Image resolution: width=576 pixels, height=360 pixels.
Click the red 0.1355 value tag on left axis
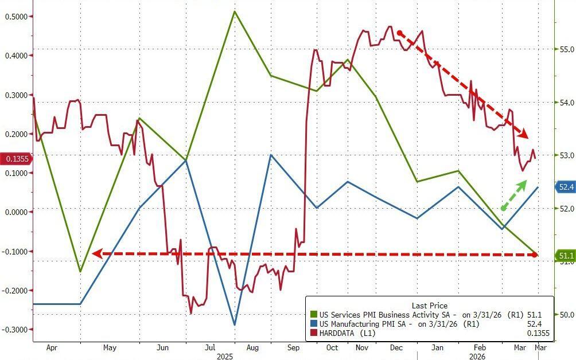point(16,159)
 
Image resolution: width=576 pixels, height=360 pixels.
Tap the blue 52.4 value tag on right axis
point(565,187)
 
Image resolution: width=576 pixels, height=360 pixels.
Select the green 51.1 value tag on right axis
point(565,256)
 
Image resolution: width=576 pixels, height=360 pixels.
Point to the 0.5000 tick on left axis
point(17,17)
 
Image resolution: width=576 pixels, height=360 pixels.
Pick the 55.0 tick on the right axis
point(566,49)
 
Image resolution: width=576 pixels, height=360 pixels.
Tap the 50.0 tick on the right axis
point(566,315)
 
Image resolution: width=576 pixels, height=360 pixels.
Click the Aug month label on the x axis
point(252,347)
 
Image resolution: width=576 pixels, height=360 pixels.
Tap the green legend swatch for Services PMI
point(313,315)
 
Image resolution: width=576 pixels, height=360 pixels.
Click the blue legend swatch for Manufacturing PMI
point(313,324)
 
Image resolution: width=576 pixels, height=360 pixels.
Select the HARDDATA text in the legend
point(341,333)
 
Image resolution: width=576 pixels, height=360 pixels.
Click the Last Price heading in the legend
point(429,306)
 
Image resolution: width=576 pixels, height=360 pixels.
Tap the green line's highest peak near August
point(235,11)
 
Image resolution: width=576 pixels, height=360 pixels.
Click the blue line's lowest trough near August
point(235,325)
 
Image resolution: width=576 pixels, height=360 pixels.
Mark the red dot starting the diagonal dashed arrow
point(400,33)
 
